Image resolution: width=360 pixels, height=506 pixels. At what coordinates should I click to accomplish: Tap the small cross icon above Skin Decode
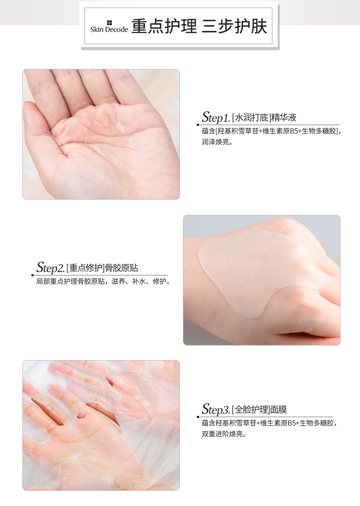(x=109, y=23)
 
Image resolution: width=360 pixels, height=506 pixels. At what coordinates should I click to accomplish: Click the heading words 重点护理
(x=164, y=27)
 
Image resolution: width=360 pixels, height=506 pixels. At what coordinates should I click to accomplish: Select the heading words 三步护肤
(x=234, y=27)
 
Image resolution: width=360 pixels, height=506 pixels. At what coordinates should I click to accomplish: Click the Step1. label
(x=216, y=117)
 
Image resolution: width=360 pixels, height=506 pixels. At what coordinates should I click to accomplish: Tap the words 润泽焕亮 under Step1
(x=215, y=142)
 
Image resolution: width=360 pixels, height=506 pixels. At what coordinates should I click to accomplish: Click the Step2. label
(x=50, y=267)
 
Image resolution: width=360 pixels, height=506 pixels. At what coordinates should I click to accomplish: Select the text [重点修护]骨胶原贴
(x=102, y=268)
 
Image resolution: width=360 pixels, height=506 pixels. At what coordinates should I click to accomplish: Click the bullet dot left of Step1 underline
(x=198, y=125)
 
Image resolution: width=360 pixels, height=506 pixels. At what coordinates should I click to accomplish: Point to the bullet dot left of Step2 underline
(x=33, y=275)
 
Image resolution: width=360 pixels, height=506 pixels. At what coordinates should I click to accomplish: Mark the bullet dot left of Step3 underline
(x=198, y=417)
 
